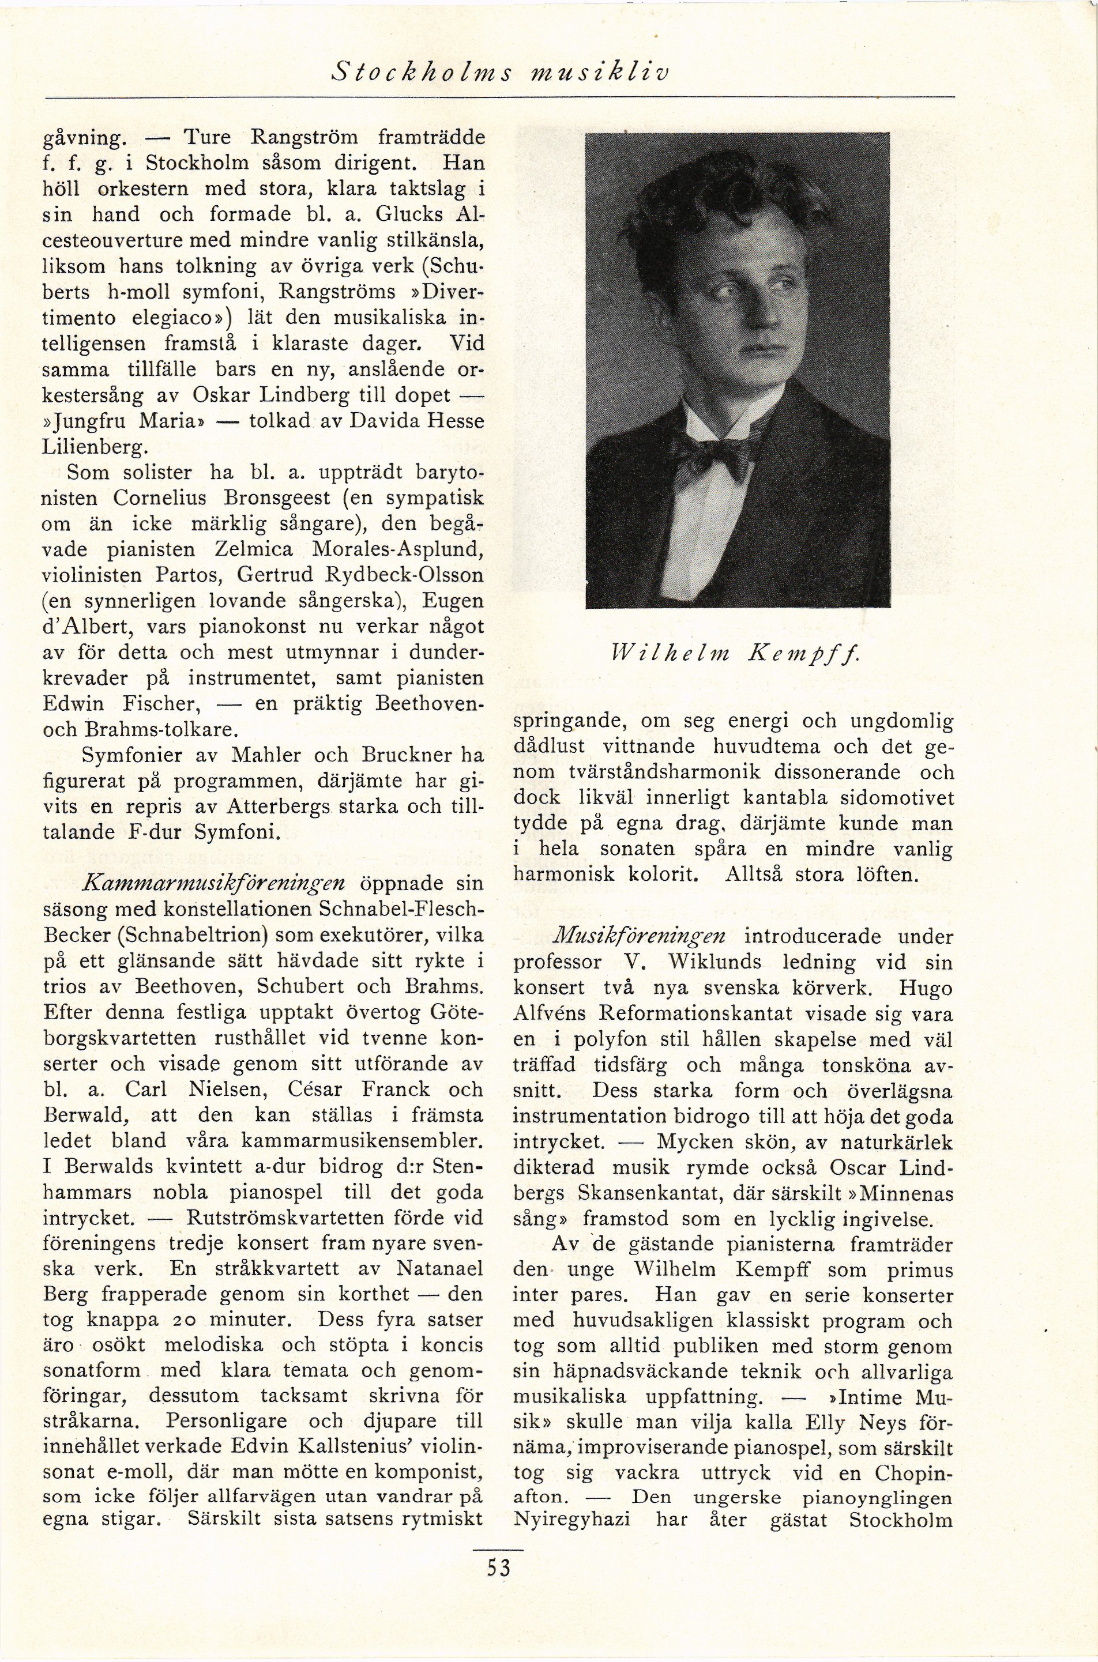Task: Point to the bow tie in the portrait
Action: coord(718,457)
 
